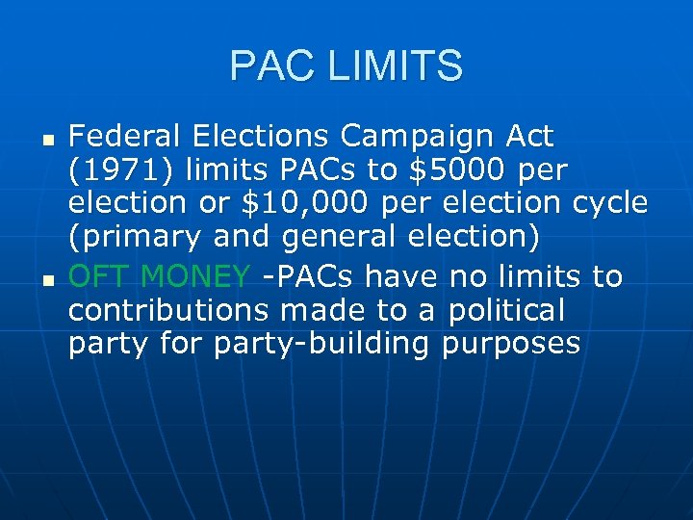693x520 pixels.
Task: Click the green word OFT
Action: click(100, 276)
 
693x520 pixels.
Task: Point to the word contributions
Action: click(168, 310)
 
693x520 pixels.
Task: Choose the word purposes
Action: click(511, 345)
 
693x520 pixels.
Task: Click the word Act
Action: click(526, 136)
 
